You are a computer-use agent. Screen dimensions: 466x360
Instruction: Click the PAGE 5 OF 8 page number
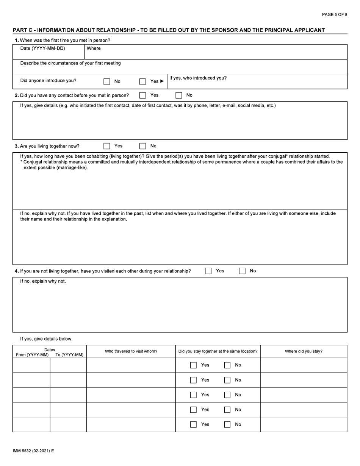click(334, 14)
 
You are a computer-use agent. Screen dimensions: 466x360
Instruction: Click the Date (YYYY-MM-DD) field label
click(42, 48)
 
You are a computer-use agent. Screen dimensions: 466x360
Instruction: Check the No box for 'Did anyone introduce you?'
click(107, 81)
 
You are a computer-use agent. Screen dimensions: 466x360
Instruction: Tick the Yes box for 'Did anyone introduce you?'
click(142, 81)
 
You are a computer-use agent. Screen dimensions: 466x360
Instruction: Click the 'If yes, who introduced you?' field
click(257, 81)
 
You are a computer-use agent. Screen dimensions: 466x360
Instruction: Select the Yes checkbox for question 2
click(142, 95)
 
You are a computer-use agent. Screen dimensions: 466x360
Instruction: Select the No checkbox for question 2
click(178, 95)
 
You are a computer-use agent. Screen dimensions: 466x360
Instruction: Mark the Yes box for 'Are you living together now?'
click(107, 146)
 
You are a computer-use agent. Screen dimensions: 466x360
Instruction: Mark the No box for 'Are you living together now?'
click(142, 146)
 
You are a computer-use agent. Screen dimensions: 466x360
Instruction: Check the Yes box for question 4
click(208, 271)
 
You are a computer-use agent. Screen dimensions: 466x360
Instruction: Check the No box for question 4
click(242, 271)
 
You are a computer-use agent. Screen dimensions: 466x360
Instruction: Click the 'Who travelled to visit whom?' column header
click(131, 351)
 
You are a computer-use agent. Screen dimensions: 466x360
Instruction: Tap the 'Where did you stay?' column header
click(304, 351)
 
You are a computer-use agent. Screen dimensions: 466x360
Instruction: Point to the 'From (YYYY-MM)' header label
click(32, 355)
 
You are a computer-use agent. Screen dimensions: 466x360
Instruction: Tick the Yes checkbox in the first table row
click(193, 365)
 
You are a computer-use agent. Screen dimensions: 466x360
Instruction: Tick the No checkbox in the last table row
click(227, 425)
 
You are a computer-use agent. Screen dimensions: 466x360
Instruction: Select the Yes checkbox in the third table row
click(193, 395)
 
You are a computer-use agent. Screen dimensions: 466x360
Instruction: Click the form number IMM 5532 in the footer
click(33, 451)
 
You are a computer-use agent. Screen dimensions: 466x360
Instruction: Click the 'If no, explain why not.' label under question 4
click(43, 281)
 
